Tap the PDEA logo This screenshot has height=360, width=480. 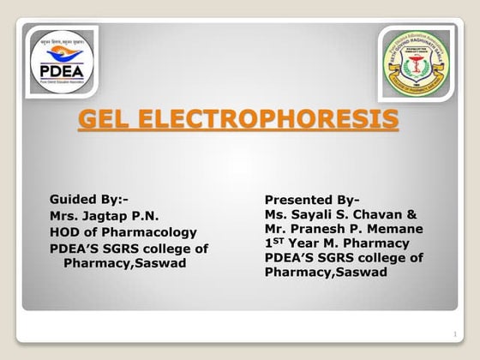(61, 61)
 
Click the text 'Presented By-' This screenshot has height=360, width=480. (312, 199)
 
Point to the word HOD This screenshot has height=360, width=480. (65, 231)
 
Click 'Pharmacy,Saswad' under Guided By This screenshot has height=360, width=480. (124, 263)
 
